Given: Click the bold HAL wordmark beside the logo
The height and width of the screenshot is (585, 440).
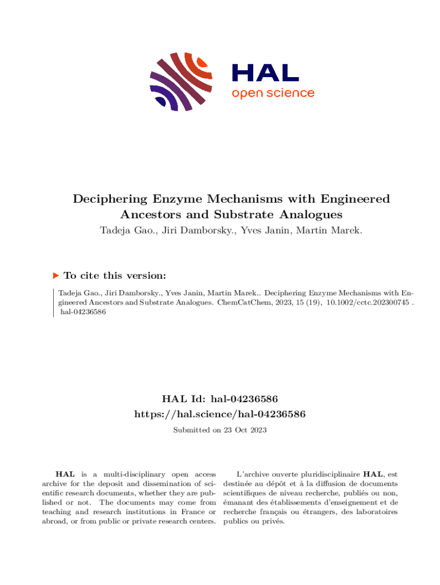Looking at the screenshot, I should [265, 73].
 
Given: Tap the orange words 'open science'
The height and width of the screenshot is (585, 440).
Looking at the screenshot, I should [273, 93].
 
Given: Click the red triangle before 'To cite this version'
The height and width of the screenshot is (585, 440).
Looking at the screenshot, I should [56, 275].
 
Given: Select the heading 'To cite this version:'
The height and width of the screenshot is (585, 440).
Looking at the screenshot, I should [115, 275].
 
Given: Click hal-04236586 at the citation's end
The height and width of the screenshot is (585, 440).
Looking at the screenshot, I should [79, 312].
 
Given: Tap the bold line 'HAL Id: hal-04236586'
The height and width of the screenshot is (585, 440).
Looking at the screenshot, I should [220, 398].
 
